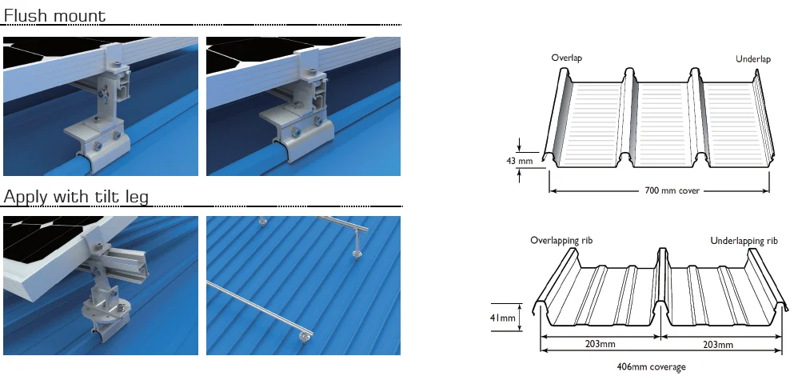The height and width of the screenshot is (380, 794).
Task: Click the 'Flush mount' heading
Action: pos(55,14)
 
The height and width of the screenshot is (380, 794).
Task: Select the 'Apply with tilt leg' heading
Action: pos(76,196)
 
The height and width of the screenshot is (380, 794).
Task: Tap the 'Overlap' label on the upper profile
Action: pos(567,58)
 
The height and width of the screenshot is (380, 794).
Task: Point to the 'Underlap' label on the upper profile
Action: pos(753,59)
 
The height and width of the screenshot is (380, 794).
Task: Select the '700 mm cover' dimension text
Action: pos(659,191)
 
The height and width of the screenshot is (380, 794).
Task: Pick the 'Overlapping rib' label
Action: pos(561,240)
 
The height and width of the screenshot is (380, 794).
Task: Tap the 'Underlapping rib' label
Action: pos(744,240)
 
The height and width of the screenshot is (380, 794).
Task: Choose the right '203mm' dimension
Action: pos(718,346)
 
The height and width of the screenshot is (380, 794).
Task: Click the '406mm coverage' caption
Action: pos(650,367)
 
